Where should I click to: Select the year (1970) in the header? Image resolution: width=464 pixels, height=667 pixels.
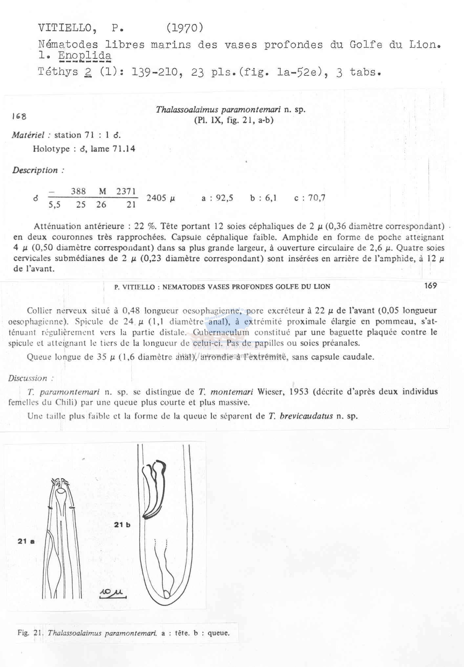click(185, 28)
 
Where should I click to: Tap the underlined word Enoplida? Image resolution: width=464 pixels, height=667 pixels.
click(85, 56)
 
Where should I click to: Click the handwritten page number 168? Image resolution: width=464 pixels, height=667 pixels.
click(19, 116)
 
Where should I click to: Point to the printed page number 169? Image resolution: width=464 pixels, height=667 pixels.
click(430, 286)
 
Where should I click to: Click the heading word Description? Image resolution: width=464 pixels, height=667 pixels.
click(35, 170)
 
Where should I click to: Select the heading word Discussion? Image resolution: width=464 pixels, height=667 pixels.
click(28, 378)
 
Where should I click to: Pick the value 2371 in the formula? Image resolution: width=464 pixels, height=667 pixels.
click(126, 191)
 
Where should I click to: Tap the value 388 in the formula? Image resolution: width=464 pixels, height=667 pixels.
click(78, 191)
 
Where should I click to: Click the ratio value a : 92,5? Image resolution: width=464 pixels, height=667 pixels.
click(217, 198)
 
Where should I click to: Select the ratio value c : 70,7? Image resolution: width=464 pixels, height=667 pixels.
click(310, 198)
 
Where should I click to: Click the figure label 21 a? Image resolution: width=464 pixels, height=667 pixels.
click(26, 542)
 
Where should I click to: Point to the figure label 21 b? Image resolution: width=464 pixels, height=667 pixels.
click(122, 525)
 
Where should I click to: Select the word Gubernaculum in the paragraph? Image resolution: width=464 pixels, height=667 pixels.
click(221, 332)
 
